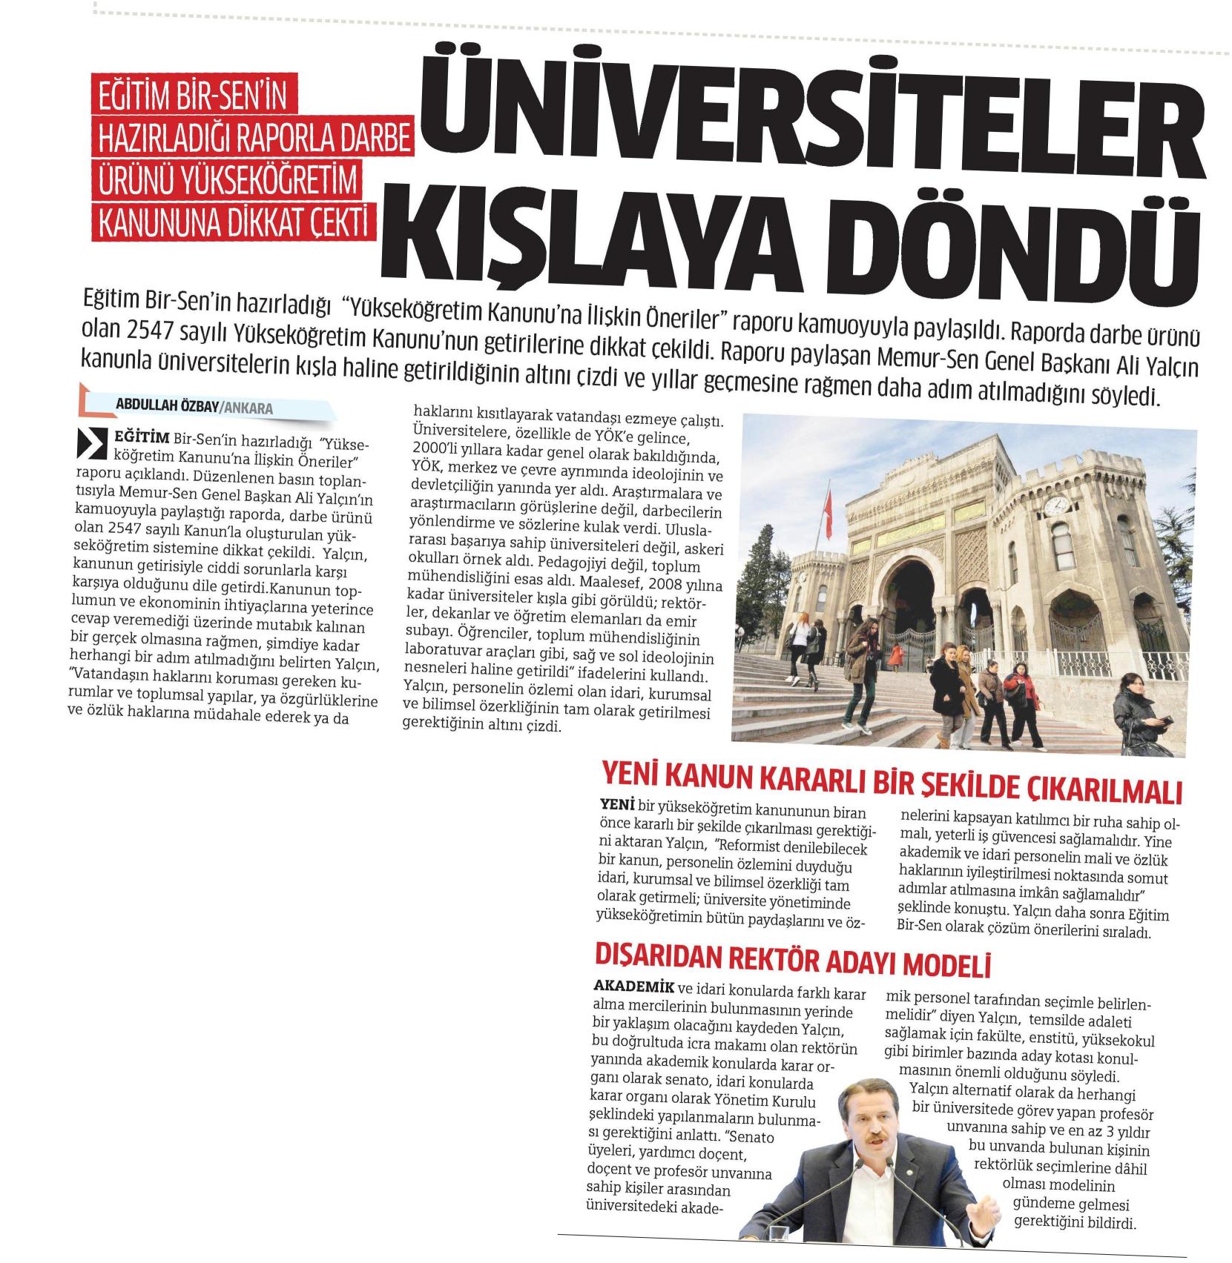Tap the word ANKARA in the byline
click(x=248, y=408)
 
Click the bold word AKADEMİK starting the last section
click(x=633, y=988)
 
